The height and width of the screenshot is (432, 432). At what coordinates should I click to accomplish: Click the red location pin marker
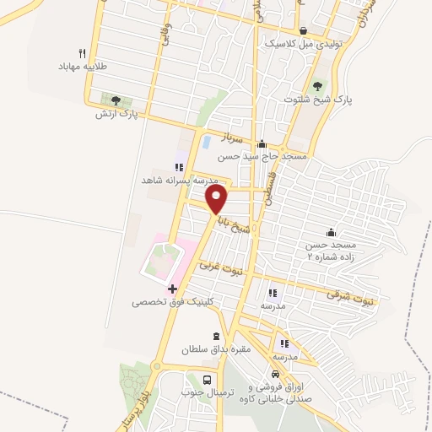pyautogui.click(x=218, y=199)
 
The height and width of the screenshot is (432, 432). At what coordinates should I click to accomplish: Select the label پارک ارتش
pyautogui.click(x=116, y=113)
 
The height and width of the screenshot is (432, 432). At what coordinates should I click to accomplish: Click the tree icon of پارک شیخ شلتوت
pyautogui.click(x=317, y=85)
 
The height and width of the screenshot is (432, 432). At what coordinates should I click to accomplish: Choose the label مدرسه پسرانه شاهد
pyautogui.click(x=180, y=181)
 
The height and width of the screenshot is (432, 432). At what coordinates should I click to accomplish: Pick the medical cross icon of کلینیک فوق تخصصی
pyautogui.click(x=172, y=289)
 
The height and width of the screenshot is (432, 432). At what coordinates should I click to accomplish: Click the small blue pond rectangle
pyautogui.click(x=206, y=141)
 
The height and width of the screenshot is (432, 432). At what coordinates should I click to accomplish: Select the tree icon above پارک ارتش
pyautogui.click(x=116, y=100)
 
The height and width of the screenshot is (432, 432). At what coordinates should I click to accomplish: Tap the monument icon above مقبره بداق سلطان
pyautogui.click(x=216, y=335)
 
